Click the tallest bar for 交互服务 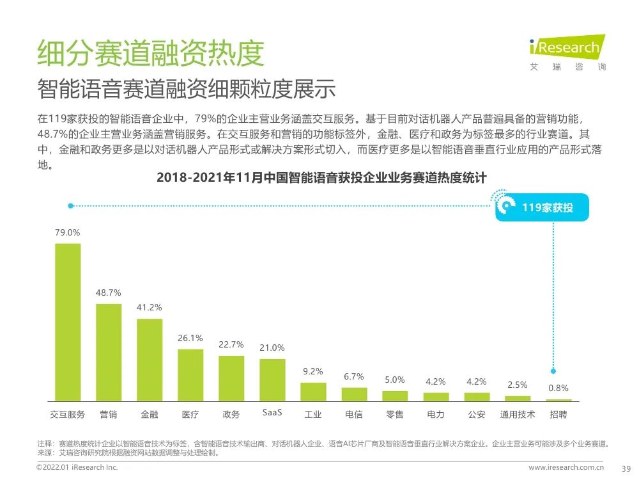[68, 322]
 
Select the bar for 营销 [109, 352]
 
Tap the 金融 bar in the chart [150, 359]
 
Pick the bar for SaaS [272, 380]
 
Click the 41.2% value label [149, 307]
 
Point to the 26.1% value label [190, 338]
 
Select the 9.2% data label [312, 371]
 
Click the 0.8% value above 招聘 [558, 388]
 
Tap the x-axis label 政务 [231, 414]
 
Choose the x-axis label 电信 [353, 414]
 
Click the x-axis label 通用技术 [517, 414]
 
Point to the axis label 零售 [394, 414]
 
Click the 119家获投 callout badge [542, 207]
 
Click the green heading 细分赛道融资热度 [150, 53]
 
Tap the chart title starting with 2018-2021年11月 [321, 177]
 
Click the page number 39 [626, 468]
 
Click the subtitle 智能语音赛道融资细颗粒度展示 [186, 89]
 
